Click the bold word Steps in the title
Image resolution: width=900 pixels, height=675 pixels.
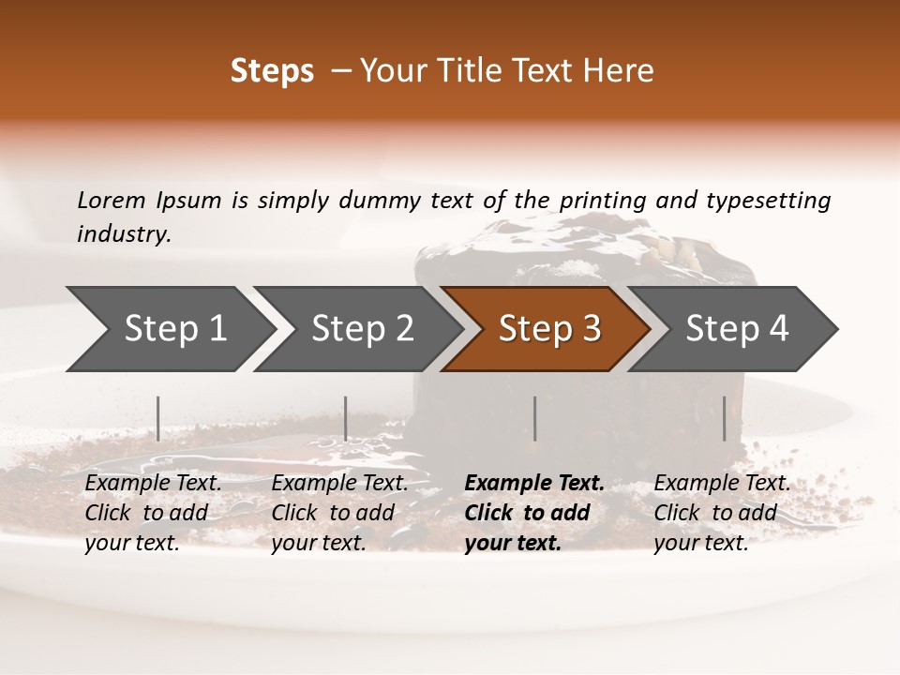[272, 71]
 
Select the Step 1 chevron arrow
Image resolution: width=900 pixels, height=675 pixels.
[169, 329]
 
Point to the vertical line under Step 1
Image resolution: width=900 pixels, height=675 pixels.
[158, 418]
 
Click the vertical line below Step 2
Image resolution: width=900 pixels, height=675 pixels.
[346, 418]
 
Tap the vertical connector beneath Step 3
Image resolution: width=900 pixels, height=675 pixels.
[534, 418]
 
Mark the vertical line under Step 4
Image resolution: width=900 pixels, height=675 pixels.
[724, 418]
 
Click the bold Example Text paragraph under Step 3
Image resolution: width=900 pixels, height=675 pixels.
[533, 513]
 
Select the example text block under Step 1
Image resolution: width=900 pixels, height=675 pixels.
[153, 513]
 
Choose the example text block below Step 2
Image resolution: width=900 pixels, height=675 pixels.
[339, 513]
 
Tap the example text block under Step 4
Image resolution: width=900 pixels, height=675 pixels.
[722, 513]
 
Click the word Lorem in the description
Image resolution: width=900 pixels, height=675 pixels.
[111, 200]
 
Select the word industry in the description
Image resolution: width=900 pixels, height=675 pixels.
[124, 234]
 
